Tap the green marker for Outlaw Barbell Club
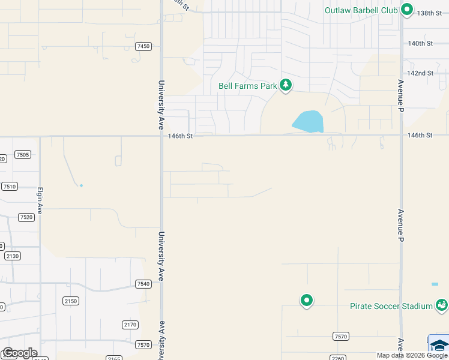point(406,10)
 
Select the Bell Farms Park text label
point(247,86)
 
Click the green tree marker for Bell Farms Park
point(286,86)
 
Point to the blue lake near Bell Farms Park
point(309,122)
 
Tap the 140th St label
point(420,43)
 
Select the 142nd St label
point(420,73)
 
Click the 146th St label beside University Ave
point(180,136)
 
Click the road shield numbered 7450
point(143,46)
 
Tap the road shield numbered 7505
point(23,155)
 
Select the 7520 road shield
point(26,217)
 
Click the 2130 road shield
point(13,256)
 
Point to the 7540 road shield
point(143,284)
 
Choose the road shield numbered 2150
point(70,301)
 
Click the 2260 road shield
point(337,359)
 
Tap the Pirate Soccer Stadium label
point(391,306)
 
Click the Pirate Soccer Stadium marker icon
point(441,305)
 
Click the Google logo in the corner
point(20,353)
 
